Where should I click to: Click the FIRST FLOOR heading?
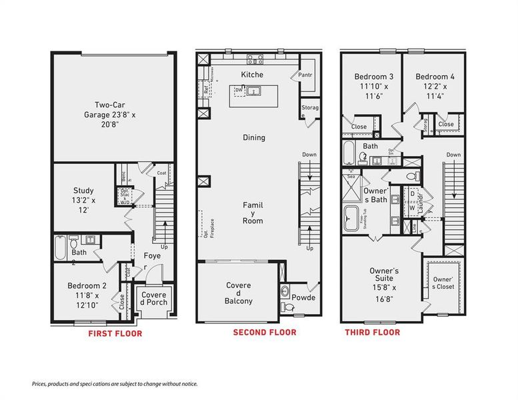115,333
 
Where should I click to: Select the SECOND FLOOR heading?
264,332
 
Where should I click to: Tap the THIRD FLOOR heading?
372,332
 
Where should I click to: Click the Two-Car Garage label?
114,115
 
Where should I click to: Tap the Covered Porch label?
153,299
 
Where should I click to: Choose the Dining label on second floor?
253,138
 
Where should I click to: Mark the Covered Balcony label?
239,293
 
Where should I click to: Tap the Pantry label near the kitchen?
307,75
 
